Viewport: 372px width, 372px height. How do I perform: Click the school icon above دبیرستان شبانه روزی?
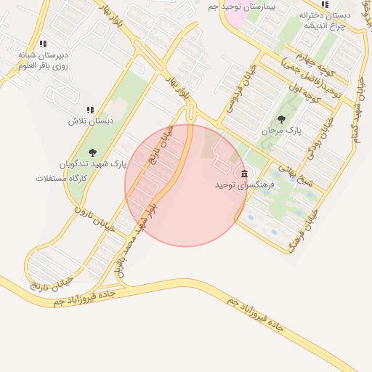(43, 44)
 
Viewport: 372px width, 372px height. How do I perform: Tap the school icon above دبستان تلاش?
(90, 109)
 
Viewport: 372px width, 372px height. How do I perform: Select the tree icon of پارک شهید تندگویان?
(92, 152)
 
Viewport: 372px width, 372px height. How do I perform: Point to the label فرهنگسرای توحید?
(244, 186)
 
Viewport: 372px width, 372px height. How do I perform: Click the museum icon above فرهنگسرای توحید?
(243, 174)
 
